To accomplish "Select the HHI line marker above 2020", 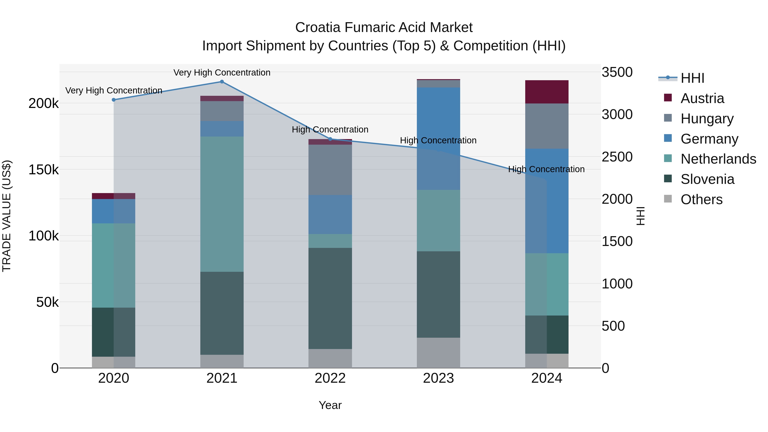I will [113, 100].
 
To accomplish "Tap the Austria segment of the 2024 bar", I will [547, 92].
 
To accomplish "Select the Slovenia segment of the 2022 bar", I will [330, 298].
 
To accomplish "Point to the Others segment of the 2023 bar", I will [438, 353].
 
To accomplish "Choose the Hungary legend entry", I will [707, 119].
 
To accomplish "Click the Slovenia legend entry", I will [707, 179].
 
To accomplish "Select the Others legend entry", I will [701, 199].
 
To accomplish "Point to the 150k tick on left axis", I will [44, 170].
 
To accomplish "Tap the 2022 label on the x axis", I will [330, 378].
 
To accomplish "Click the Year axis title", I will [330, 405].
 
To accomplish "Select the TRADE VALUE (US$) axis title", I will [7, 216].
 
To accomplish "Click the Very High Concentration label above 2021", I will [222, 73].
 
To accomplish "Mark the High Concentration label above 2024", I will [546, 169].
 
